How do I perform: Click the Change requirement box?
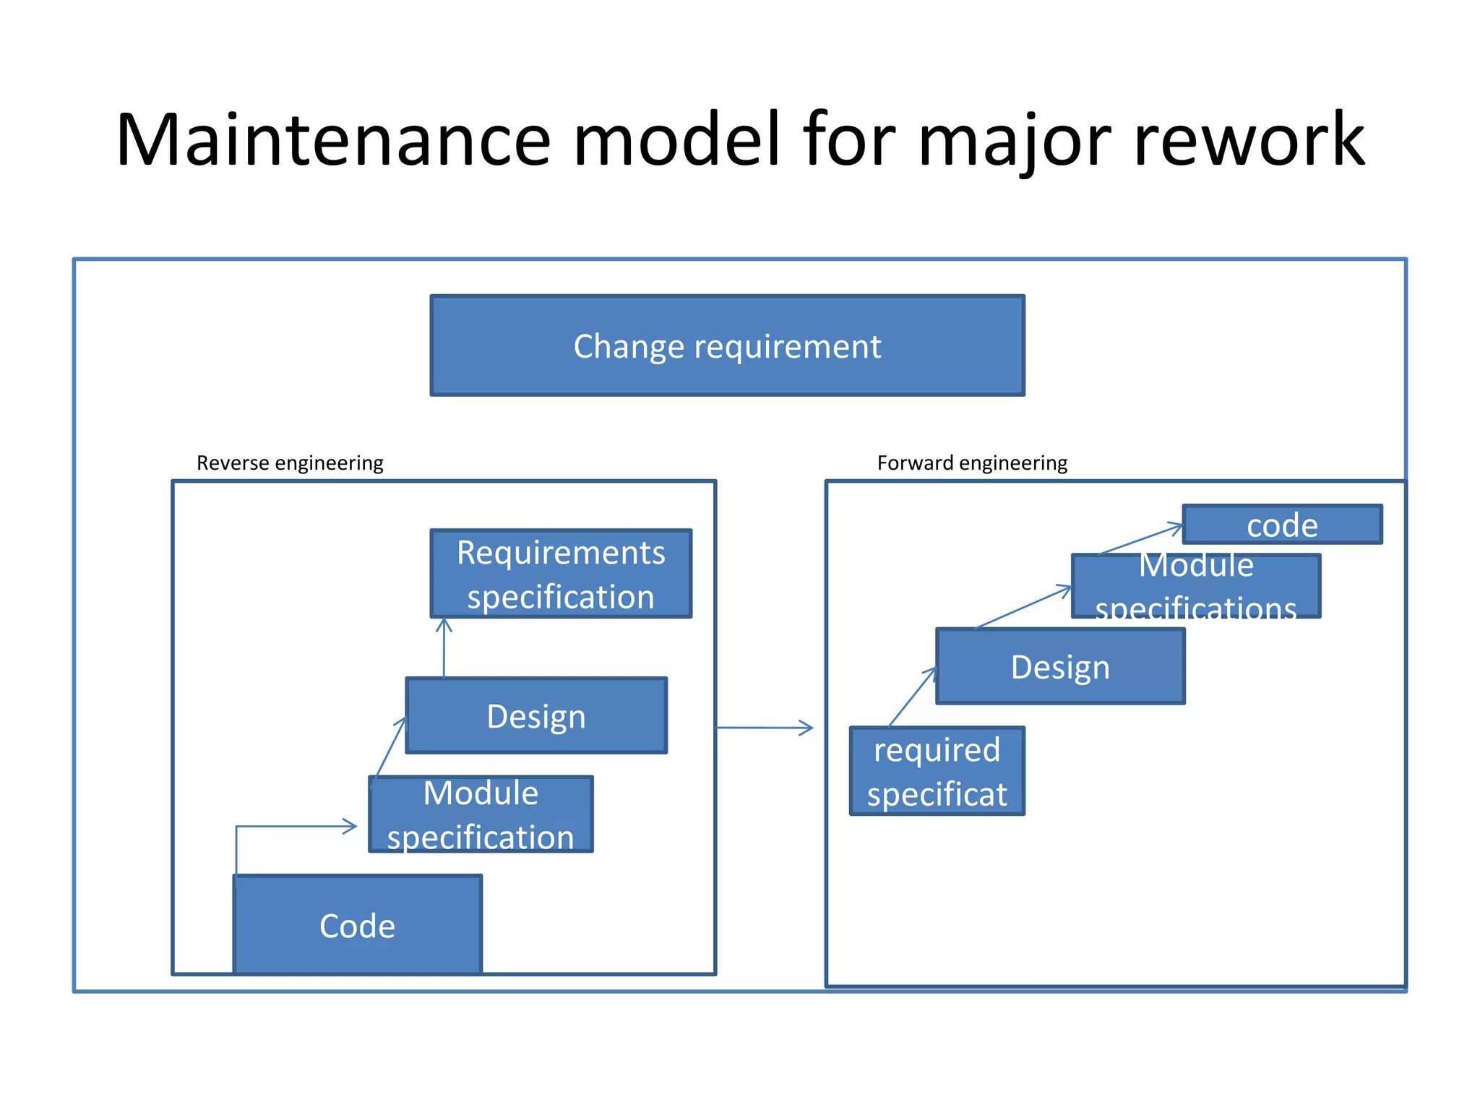(x=727, y=345)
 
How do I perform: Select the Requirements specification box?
(x=561, y=574)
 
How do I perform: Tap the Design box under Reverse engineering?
(x=536, y=715)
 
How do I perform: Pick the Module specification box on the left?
(x=481, y=814)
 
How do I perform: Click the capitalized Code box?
(x=357, y=925)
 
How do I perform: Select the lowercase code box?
(x=1282, y=525)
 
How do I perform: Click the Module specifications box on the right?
(x=1196, y=586)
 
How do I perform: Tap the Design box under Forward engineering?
(x=1060, y=666)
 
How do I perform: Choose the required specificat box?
(x=937, y=771)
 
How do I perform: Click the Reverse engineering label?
(x=290, y=462)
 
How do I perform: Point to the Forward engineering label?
(x=972, y=462)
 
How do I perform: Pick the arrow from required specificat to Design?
(x=911, y=697)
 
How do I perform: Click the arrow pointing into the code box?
(x=1140, y=540)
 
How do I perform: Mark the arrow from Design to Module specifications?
(x=1023, y=607)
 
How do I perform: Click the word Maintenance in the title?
(x=333, y=140)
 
